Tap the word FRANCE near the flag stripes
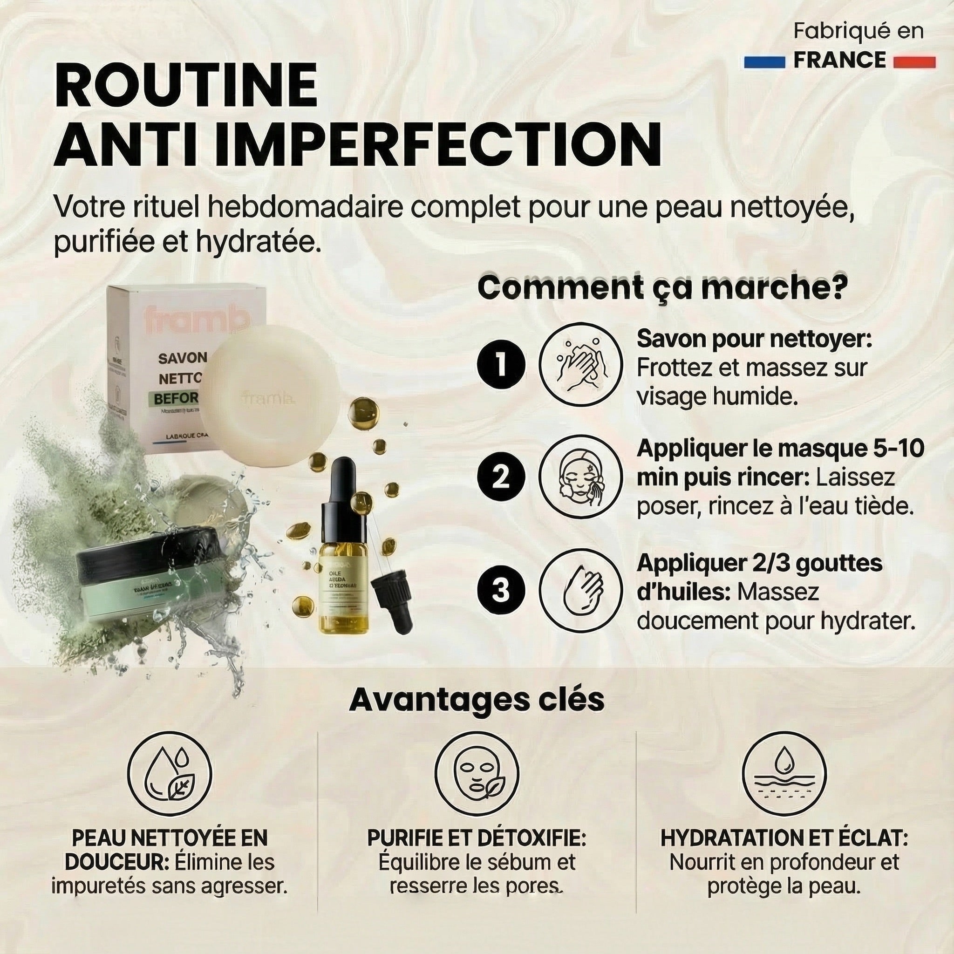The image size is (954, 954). (x=839, y=60)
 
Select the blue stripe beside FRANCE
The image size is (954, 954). (x=764, y=62)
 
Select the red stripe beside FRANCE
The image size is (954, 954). (x=914, y=62)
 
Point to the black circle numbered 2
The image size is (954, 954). (x=500, y=477)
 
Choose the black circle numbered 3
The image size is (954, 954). (x=500, y=590)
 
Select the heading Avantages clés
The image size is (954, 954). (x=477, y=699)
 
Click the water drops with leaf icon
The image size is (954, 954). (x=170, y=774)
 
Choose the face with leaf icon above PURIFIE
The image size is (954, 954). (x=477, y=774)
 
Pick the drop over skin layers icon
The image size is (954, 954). (x=784, y=774)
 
